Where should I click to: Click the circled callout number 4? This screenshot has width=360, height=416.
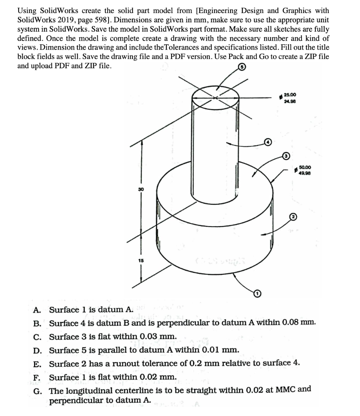(267, 142)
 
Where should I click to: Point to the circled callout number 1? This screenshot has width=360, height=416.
(256, 293)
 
